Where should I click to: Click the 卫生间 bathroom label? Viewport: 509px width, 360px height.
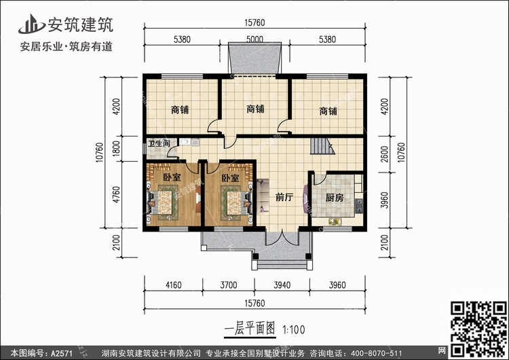(159, 143)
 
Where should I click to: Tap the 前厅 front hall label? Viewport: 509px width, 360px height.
(284, 197)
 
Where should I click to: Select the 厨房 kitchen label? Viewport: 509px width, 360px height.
(335, 198)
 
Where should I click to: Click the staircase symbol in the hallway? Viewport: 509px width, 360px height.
(322, 146)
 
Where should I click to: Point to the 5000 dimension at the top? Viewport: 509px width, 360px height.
(254, 39)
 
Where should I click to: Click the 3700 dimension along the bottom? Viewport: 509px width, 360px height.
(229, 285)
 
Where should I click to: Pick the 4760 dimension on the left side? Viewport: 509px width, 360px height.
(116, 195)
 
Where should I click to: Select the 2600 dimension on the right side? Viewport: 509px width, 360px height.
(384, 154)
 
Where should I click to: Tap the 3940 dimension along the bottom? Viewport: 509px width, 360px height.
(282, 285)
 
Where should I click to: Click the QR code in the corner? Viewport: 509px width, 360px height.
(479, 329)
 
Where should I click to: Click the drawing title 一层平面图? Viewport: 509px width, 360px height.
(250, 329)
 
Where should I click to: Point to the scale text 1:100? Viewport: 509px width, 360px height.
(294, 330)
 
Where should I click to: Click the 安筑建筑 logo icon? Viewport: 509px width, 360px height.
(31, 24)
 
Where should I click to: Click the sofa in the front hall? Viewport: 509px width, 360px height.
(262, 196)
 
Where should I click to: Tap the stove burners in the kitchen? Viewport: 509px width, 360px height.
(359, 206)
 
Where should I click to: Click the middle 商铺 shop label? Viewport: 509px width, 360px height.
(255, 109)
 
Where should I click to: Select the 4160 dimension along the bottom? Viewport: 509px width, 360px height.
(173, 285)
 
